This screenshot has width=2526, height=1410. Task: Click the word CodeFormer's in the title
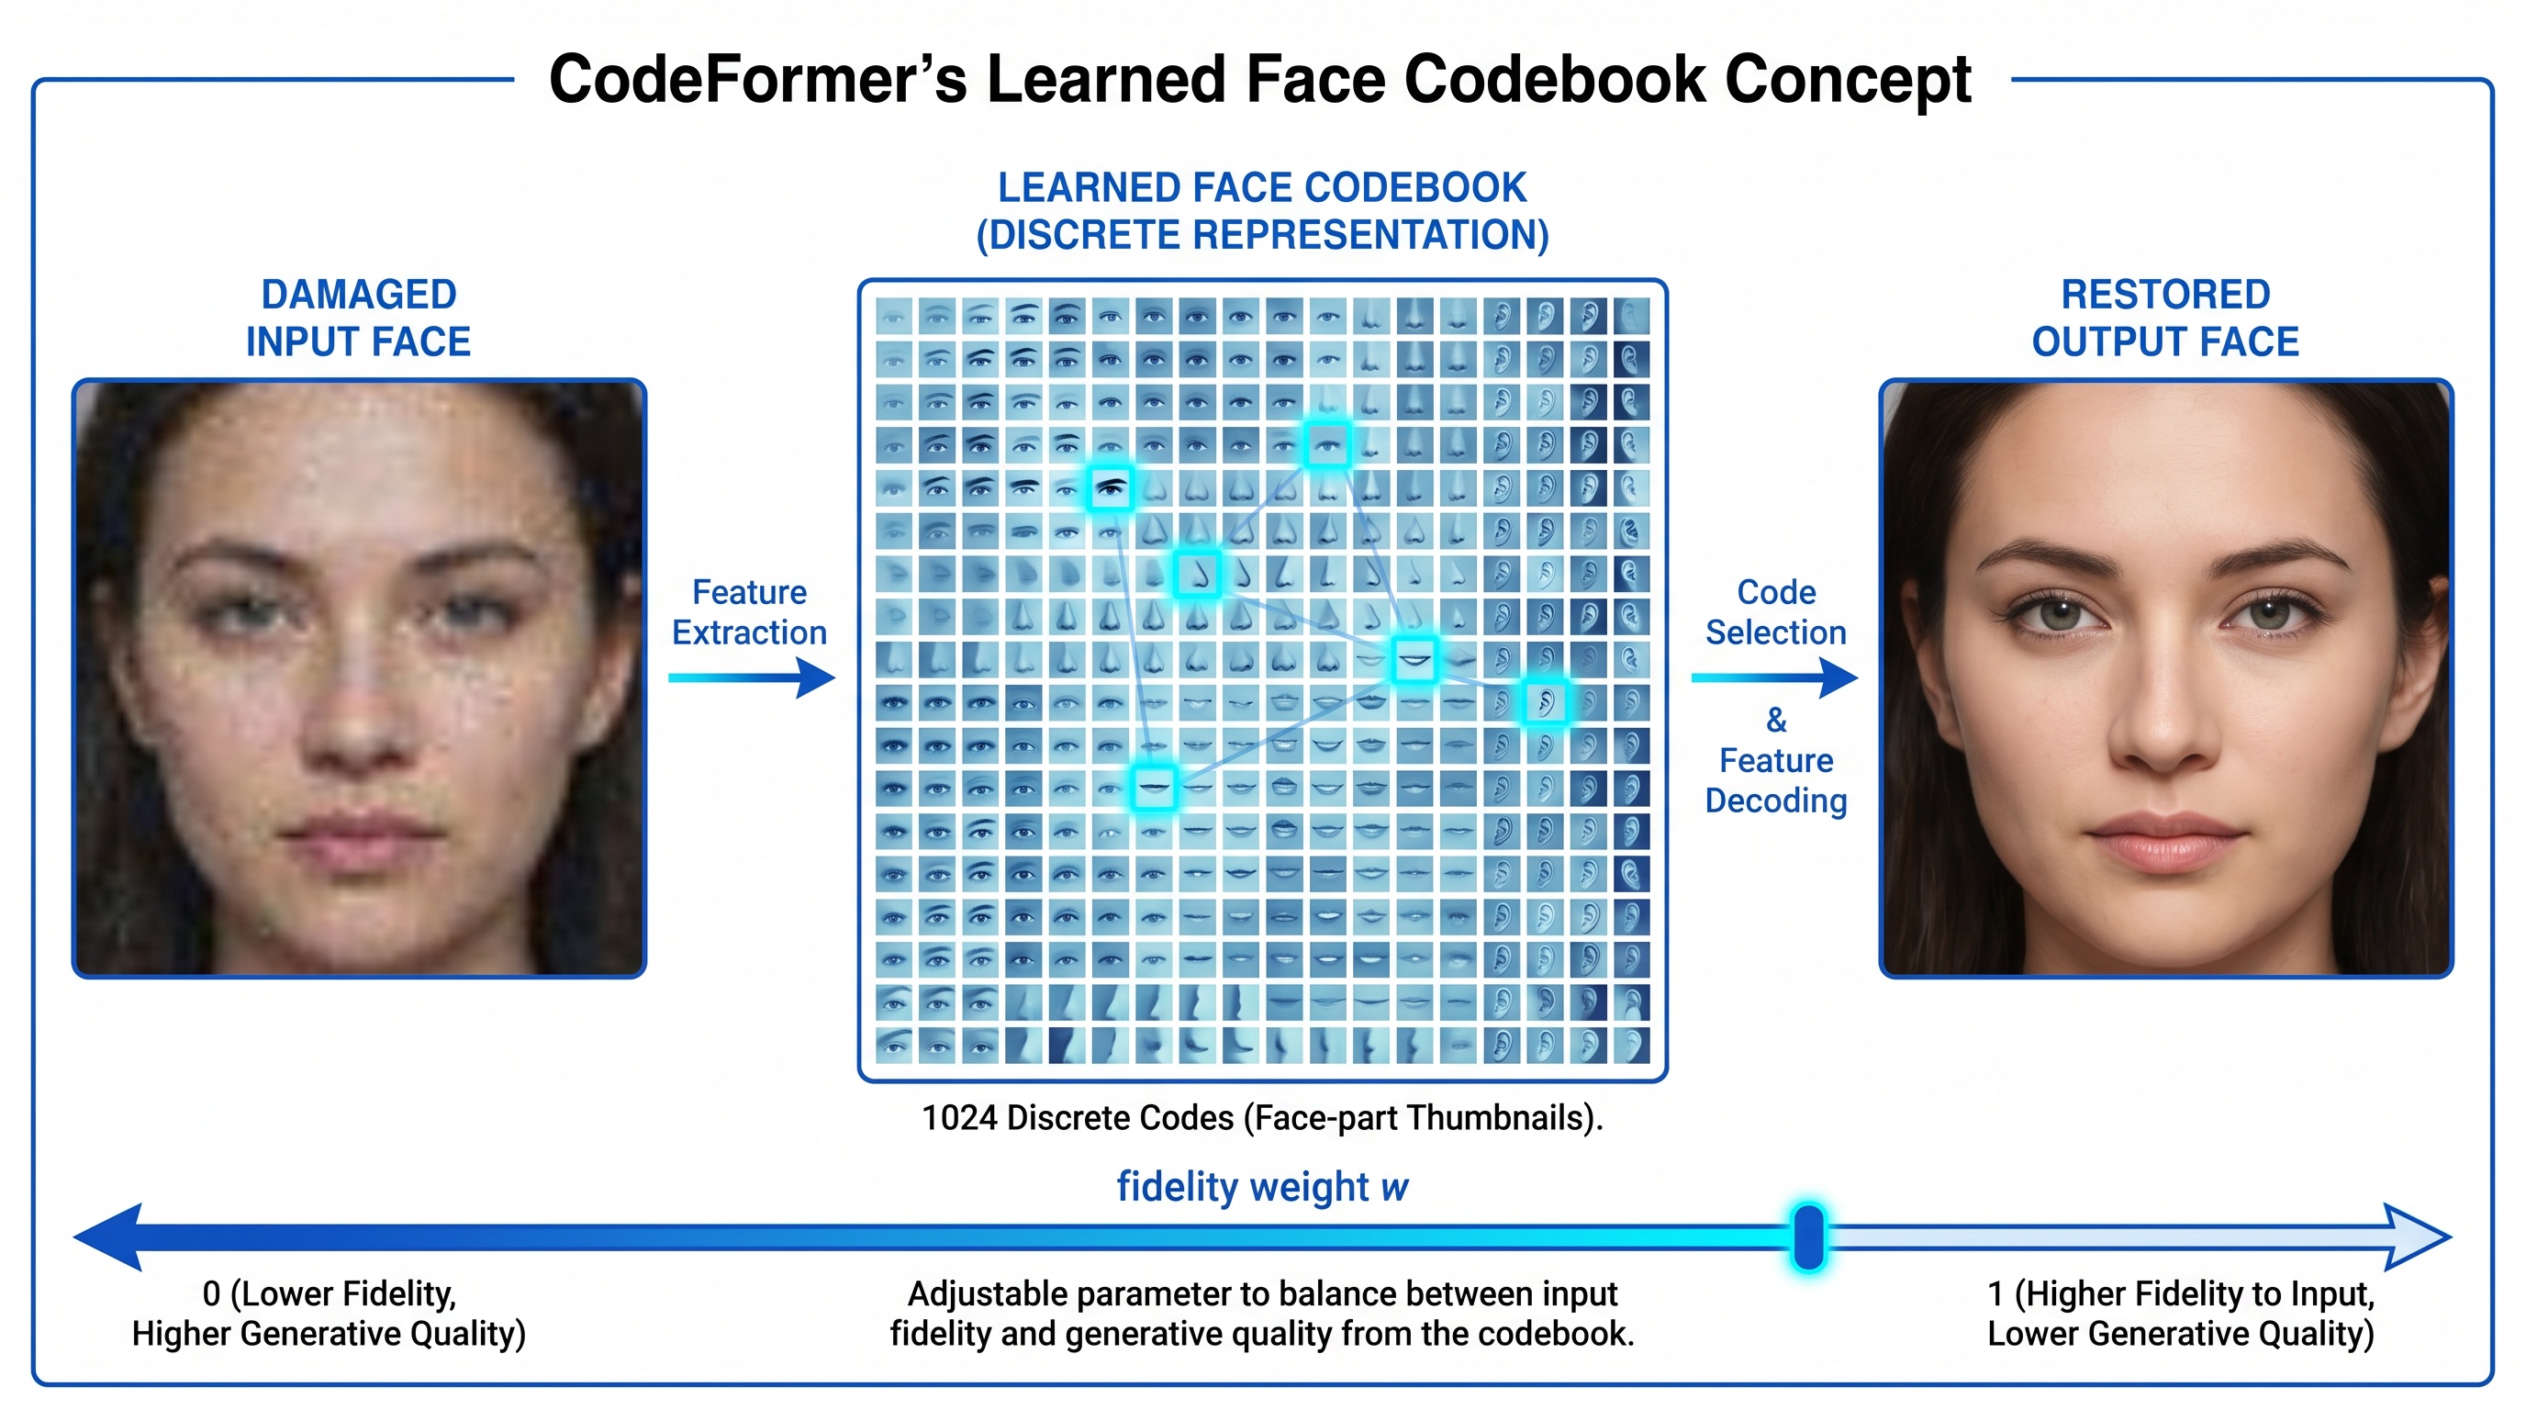point(758,80)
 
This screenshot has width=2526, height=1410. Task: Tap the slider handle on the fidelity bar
point(1808,1237)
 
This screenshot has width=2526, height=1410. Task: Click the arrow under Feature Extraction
point(751,677)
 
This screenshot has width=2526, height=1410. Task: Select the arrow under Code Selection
point(1775,677)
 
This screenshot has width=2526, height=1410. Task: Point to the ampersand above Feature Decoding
point(1776,721)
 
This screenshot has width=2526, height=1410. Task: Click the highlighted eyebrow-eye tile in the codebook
point(1110,488)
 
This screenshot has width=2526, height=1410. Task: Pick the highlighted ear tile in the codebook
point(1545,702)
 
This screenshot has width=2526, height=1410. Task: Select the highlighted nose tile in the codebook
point(1197,574)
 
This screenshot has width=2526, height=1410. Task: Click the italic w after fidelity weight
point(1394,1189)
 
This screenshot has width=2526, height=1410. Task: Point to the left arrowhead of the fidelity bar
point(108,1237)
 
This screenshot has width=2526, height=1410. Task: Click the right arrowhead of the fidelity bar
point(2418,1237)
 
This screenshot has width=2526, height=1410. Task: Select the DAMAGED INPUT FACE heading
point(359,318)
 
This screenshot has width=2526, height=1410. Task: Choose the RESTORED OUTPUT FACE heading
point(2165,318)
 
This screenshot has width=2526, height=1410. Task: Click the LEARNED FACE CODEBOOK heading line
point(1262,187)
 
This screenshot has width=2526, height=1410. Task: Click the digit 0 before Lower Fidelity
point(212,1294)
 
